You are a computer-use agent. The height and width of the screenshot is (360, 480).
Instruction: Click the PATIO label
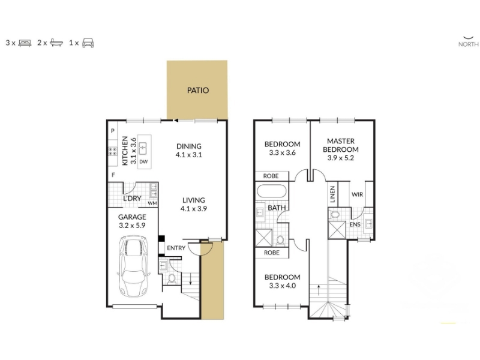[198, 91]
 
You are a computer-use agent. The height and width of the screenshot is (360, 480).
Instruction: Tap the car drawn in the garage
[134, 266]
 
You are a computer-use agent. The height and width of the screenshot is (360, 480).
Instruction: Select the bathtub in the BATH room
[271, 191]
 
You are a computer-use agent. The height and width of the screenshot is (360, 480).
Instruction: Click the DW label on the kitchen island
[143, 161]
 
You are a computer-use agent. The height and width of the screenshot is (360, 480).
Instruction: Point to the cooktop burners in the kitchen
[112, 151]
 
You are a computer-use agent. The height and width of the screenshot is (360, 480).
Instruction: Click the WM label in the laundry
[152, 203]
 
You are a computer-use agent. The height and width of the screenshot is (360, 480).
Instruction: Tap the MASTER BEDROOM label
[341, 145]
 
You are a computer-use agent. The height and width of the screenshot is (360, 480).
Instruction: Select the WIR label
[357, 194]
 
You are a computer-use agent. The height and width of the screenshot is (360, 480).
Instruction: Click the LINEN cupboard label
[332, 194]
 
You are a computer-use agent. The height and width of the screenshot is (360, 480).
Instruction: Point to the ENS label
[355, 224]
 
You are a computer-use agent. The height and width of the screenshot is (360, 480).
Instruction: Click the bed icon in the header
[25, 43]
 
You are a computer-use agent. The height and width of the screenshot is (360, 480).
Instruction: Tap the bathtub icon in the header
[56, 43]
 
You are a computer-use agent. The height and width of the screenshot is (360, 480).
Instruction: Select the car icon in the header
[88, 43]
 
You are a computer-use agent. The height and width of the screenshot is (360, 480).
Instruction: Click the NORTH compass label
[469, 44]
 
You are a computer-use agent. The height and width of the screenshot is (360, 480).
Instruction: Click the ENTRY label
[176, 248]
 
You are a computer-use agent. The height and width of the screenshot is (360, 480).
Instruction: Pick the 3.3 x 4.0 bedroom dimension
[282, 286]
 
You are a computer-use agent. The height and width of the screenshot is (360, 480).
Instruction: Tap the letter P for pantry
[113, 131]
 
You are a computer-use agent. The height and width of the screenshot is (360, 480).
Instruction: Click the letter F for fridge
[113, 175]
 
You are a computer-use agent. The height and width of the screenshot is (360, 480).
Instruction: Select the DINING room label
[189, 146]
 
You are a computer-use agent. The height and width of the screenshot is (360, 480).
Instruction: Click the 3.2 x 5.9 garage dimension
[132, 226]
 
